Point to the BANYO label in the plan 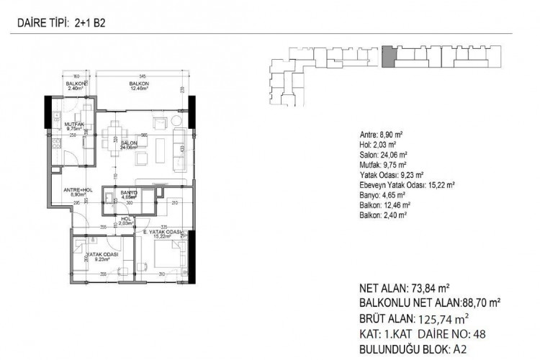[x=129, y=193]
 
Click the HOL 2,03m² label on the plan [x=125, y=220]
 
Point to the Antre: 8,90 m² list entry [x=382, y=134]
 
